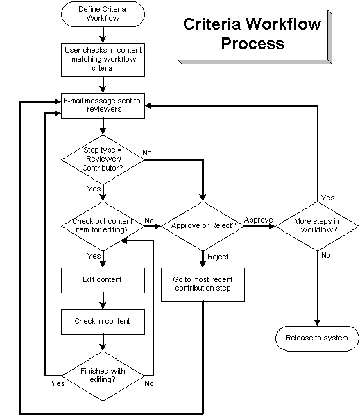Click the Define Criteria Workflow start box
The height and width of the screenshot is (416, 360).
(103, 16)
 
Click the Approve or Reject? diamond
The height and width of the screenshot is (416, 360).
(203, 226)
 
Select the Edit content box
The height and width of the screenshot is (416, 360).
(103, 279)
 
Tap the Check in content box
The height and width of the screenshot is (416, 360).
(103, 321)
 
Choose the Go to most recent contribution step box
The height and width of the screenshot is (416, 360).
(203, 284)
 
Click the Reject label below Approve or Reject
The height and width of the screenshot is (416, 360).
(218, 257)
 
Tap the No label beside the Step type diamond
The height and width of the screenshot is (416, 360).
(148, 152)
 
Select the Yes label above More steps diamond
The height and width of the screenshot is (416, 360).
(328, 198)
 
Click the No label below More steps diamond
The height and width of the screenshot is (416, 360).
(326, 254)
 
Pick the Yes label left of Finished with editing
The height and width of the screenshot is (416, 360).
(58, 383)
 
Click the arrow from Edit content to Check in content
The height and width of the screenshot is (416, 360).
(103, 300)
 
